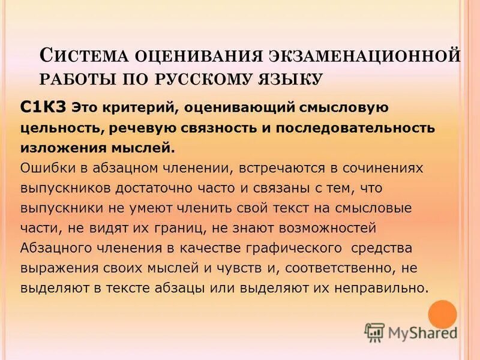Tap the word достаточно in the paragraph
point(156,188)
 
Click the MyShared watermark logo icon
point(374,332)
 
